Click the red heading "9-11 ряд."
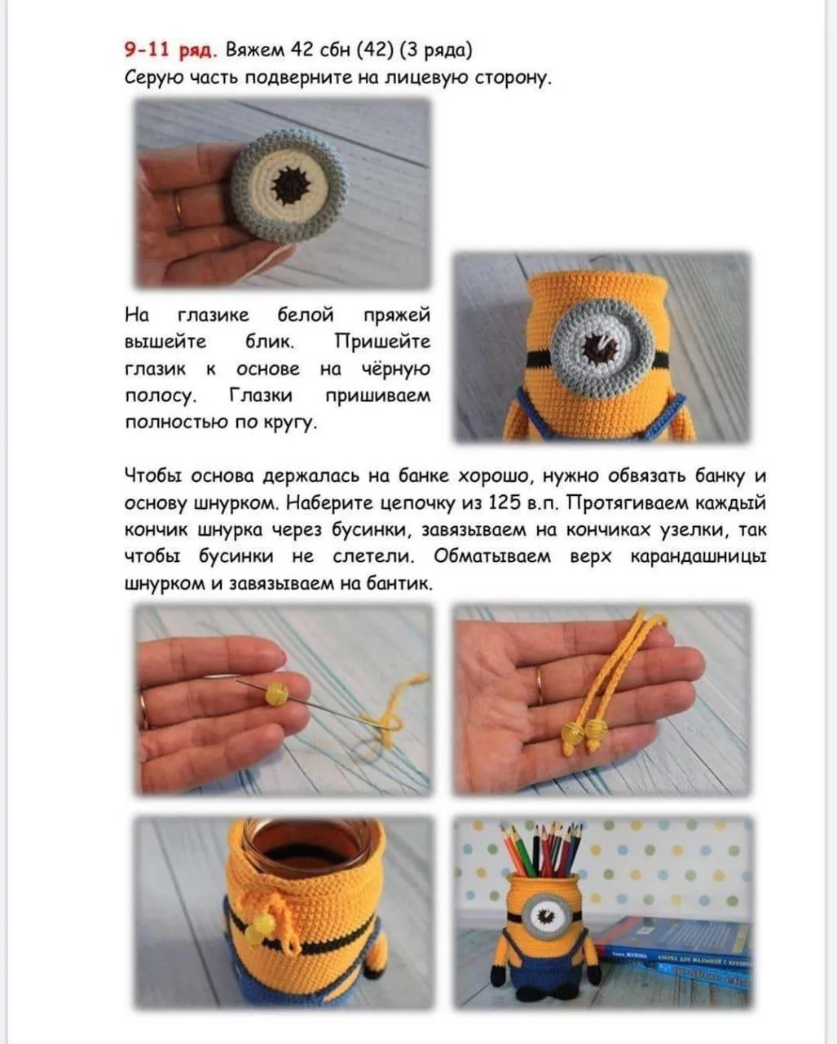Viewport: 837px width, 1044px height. pos(170,51)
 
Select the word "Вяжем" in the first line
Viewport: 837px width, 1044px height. pos(255,51)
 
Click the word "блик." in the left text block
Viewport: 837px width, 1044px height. pos(270,342)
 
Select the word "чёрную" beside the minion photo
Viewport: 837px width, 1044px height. pos(396,369)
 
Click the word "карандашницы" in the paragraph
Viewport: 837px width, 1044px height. pos(698,556)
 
